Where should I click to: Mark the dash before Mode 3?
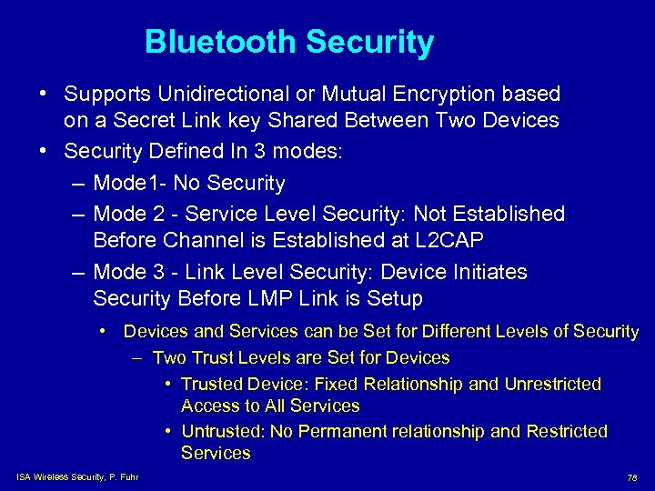pyautogui.click(x=78, y=272)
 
